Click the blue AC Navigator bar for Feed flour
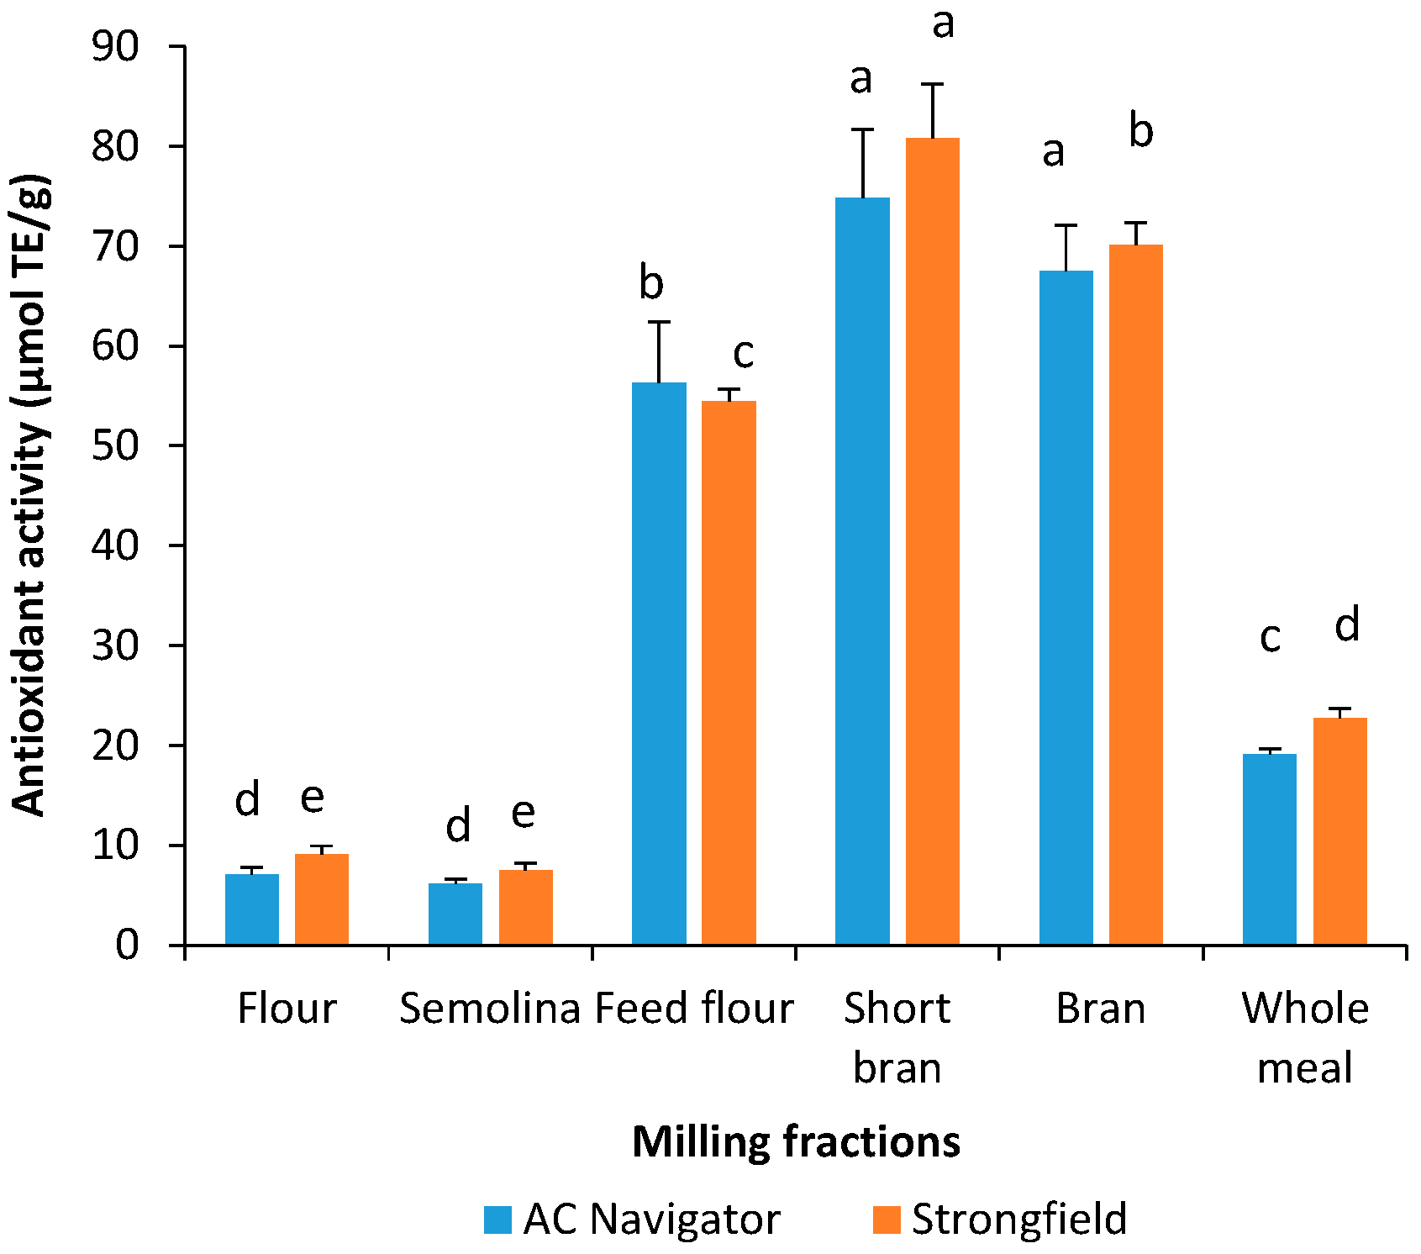(x=659, y=664)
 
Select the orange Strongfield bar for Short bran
(x=932, y=541)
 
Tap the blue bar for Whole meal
(x=1269, y=849)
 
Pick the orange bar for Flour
(x=321, y=899)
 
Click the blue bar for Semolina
(x=455, y=914)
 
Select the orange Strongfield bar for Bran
(x=1135, y=594)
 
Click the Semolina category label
(x=489, y=1009)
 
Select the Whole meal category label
(x=1305, y=1038)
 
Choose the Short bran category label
(x=897, y=1038)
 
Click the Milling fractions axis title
(x=796, y=1142)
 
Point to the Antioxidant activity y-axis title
(x=30, y=496)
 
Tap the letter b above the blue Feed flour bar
(x=651, y=282)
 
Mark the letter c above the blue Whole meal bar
(x=1270, y=638)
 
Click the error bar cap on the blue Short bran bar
(x=862, y=129)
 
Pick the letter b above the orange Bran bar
(x=1140, y=131)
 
